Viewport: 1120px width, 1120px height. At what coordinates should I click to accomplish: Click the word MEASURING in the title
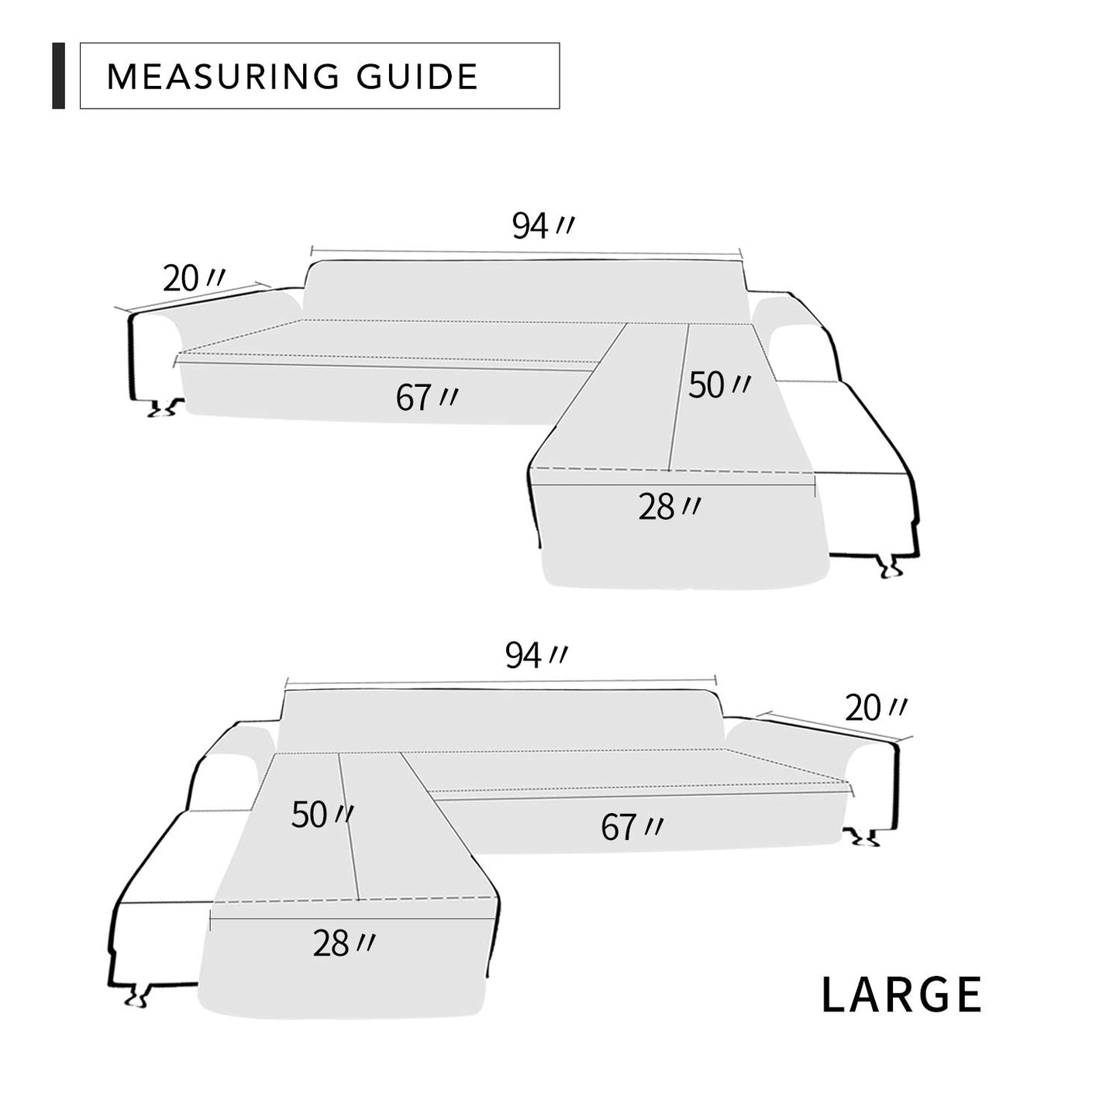[222, 77]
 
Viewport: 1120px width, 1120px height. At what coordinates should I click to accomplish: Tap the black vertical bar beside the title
[58, 76]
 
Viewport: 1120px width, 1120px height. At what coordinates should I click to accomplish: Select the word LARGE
[901, 995]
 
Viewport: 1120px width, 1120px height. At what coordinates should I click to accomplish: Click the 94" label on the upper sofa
[542, 226]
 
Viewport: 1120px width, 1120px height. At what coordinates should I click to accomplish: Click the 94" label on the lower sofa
[535, 656]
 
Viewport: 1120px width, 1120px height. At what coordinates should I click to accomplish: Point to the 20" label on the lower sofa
[875, 708]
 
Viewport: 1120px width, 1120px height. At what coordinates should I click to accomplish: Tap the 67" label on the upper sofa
[426, 398]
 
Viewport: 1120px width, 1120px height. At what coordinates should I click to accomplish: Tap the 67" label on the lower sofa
[631, 828]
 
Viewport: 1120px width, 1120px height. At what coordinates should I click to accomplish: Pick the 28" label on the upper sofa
[669, 507]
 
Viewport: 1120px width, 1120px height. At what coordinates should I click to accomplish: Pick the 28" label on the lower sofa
[343, 943]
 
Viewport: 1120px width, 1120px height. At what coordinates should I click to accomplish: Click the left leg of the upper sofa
[165, 408]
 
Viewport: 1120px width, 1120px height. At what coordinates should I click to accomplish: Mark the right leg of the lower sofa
[863, 837]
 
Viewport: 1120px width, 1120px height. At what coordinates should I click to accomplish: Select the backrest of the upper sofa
[527, 288]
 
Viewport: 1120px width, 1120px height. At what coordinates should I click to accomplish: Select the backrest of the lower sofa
[500, 719]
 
